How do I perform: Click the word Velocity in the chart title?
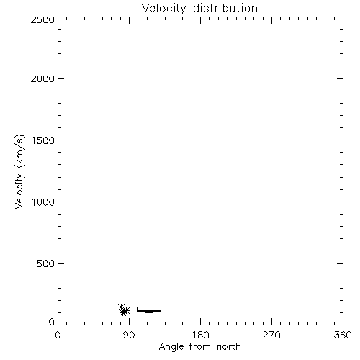coord(163,9)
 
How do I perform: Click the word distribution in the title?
coord(225,8)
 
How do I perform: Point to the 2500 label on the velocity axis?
coord(42,19)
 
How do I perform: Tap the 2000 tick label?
coord(42,78)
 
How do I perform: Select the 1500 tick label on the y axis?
coord(43,140)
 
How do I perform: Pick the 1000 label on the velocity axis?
coord(43,202)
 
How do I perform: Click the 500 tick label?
coord(46,264)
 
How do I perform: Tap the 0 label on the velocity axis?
coord(52,322)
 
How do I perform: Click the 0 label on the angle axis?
coord(58,335)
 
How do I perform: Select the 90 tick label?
coord(129,335)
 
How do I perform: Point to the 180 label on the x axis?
coord(200,335)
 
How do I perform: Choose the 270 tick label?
coord(271,335)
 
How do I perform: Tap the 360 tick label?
coord(343,335)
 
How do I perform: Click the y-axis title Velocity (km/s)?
coord(19,171)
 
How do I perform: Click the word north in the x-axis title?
coord(229,347)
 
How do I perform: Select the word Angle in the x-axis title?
coord(171,348)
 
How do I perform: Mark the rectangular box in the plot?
coord(149,307)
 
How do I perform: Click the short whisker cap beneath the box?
coord(149,312)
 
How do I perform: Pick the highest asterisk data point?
coord(122,307)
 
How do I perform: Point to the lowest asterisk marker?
coord(123,312)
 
